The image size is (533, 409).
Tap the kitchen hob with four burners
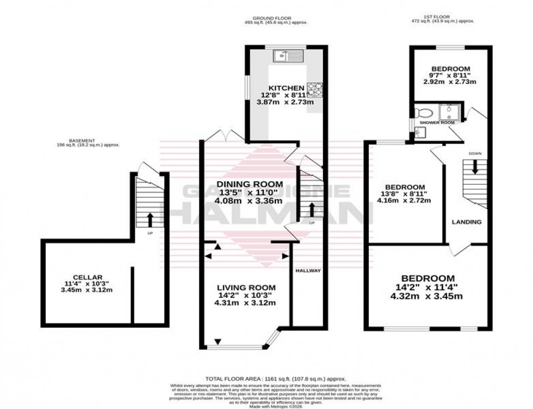click(314, 88)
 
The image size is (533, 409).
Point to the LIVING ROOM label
click(246, 288)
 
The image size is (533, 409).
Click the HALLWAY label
click(308, 271)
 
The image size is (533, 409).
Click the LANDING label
click(467, 222)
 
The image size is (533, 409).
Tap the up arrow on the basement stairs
click(150, 219)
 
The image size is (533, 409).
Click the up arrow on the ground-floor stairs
click(312, 210)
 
